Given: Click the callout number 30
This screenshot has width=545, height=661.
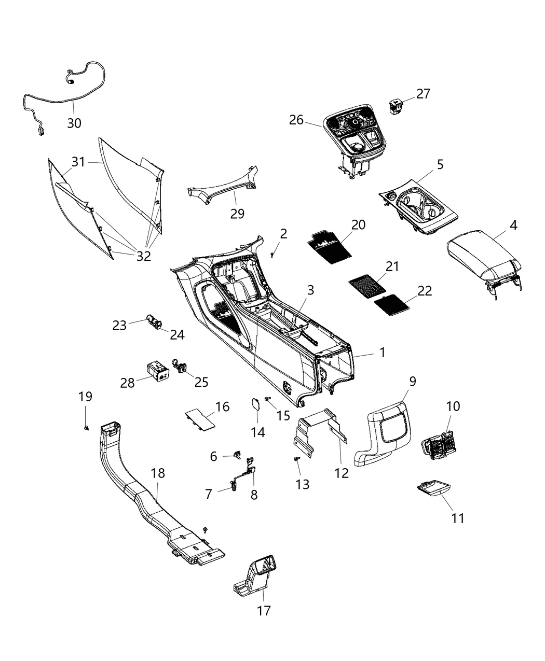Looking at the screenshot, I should pyautogui.click(x=74, y=123).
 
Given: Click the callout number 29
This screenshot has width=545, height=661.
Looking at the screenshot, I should pyautogui.click(x=237, y=213).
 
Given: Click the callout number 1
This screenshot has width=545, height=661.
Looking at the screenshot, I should pyautogui.click(x=383, y=353).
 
